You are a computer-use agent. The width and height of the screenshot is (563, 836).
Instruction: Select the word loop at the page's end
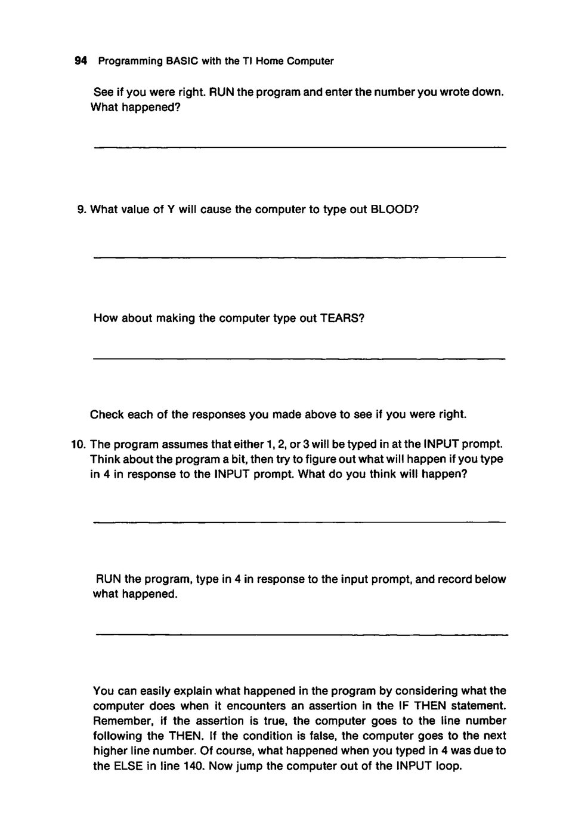click(x=447, y=766)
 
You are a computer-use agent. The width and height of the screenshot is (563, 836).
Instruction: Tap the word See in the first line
click(x=103, y=93)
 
